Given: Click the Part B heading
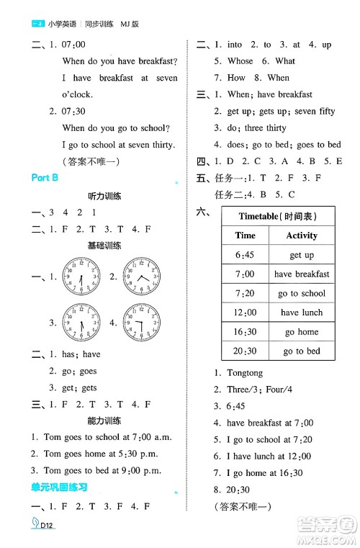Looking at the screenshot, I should (x=45, y=179).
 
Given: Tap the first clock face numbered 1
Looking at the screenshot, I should (x=81, y=276).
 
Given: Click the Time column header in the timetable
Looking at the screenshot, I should (x=245, y=235).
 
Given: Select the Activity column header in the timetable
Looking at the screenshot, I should (x=302, y=235).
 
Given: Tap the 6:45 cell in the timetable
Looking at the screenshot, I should (x=245, y=255).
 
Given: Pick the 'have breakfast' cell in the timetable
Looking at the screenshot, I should (x=302, y=274).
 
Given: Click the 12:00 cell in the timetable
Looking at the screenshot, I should (x=245, y=313).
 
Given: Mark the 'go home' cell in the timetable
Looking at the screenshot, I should (x=302, y=332).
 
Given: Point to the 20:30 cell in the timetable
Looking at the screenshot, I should (x=245, y=351).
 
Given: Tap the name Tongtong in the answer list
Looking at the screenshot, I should (x=244, y=373).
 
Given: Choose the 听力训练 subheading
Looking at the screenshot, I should (x=104, y=196).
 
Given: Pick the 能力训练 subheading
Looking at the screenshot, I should (x=104, y=421).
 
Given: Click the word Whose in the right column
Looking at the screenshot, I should (x=240, y=61).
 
